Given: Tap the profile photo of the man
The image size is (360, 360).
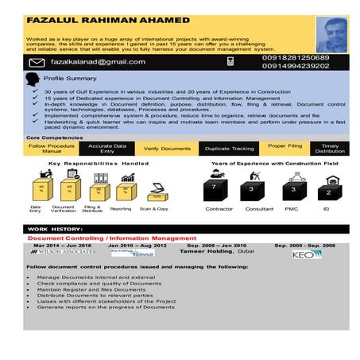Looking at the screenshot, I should [x=332, y=34].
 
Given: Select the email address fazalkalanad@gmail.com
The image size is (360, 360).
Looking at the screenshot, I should [x=99, y=61].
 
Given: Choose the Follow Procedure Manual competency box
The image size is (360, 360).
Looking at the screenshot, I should [x=51, y=148].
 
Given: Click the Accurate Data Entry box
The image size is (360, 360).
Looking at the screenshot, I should [x=107, y=148].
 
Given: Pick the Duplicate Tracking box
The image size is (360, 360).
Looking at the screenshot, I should [x=229, y=148].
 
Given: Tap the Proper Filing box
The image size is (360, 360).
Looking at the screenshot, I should [x=285, y=147].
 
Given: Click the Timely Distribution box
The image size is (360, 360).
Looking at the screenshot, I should [x=330, y=148].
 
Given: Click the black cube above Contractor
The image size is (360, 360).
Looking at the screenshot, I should [x=214, y=189].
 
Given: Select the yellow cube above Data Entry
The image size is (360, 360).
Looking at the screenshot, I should [x=40, y=188].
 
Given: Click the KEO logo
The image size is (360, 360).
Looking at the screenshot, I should [x=305, y=254].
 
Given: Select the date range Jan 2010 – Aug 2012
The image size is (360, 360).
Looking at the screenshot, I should [x=137, y=246].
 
